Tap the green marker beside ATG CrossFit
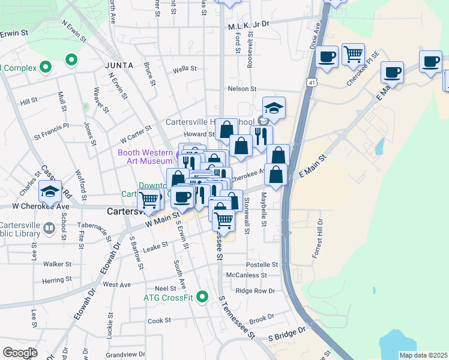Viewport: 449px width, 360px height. (x=203, y=297)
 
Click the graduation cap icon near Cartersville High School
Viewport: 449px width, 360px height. (x=274, y=108)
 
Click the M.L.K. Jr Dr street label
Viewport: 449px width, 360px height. (x=250, y=26)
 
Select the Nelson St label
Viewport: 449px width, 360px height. (x=242, y=89)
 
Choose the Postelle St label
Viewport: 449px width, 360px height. (x=262, y=265)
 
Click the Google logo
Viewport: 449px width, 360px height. (x=19, y=353)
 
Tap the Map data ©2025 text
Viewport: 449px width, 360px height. (x=423, y=355)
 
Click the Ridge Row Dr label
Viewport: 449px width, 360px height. (x=255, y=291)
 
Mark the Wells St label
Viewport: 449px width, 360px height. (x=185, y=69)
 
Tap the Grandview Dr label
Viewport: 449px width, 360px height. (x=125, y=355)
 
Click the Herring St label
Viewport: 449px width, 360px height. (x=58, y=280)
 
